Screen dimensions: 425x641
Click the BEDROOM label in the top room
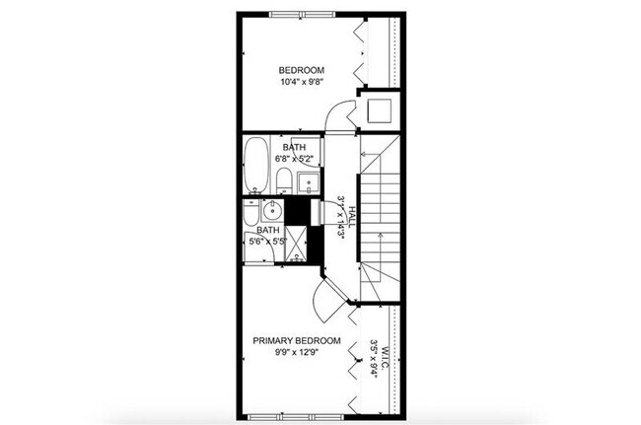[302, 69]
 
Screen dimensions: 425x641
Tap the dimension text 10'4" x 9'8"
[302, 83]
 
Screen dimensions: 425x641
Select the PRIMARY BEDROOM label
[297, 341]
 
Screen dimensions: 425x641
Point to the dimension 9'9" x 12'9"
[297, 355]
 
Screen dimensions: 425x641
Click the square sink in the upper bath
[306, 181]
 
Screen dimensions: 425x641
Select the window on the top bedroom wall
[302, 13]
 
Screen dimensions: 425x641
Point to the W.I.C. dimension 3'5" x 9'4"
[374, 359]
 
